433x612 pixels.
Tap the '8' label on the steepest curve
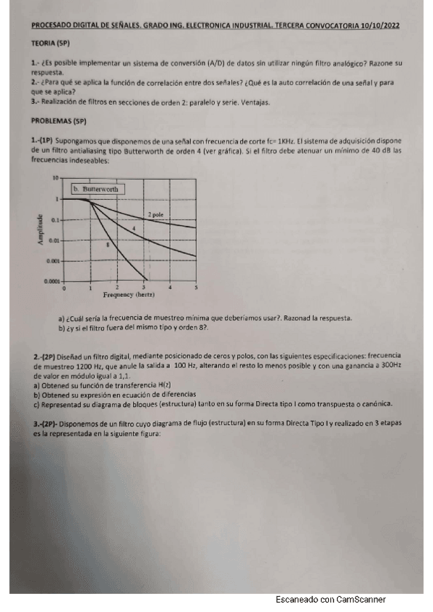pos(108,245)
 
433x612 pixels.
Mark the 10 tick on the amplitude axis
pos(56,178)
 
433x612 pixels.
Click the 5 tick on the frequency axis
pos(196,287)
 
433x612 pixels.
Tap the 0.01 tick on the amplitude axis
pos(54,240)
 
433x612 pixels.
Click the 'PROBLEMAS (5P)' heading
pos(59,121)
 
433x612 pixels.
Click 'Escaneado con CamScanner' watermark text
pos(330,600)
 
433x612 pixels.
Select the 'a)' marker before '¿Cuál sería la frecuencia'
pos(61,318)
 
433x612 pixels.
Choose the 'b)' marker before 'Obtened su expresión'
pos(35,395)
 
